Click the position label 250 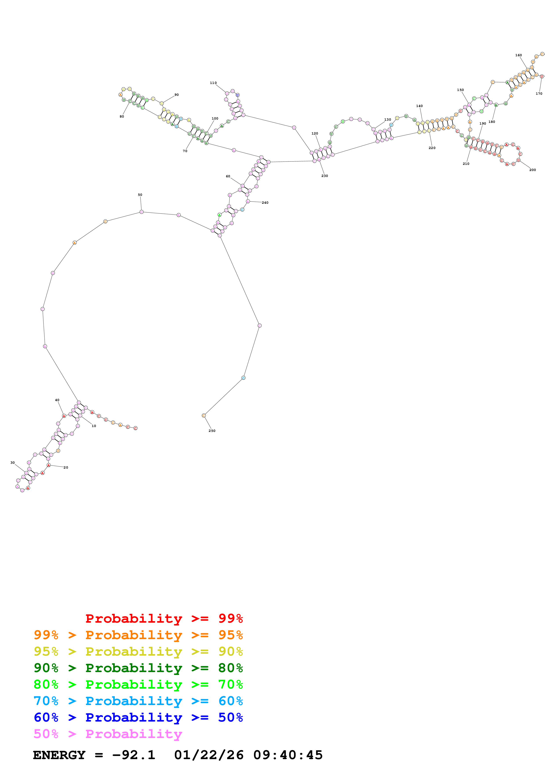[212, 431]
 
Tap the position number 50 [140, 195]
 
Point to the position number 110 [213, 83]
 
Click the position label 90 [177, 95]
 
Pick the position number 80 [122, 116]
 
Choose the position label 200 [532, 170]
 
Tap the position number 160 [518, 55]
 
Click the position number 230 [324, 176]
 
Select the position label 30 [13, 462]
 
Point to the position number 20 [66, 467]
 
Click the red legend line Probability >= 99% [164, 618]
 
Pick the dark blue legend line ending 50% [138, 717]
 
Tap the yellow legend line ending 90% [138, 651]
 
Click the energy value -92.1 [134, 755]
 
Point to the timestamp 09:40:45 [288, 755]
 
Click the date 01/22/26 [209, 755]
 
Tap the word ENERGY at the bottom [59, 755]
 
